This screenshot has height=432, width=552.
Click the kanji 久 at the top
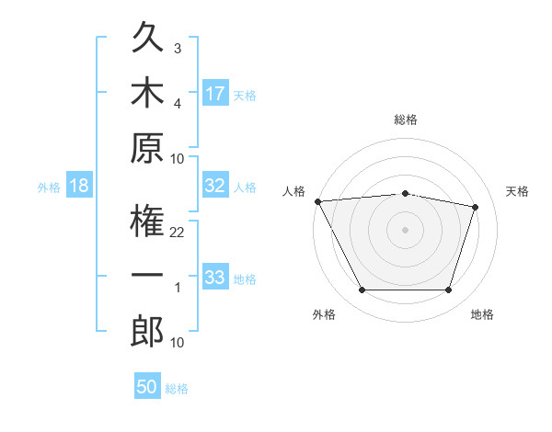147,37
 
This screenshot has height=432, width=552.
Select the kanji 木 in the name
147,92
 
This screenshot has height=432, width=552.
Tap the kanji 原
147,148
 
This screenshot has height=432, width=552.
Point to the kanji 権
147,221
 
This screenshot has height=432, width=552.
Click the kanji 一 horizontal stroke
147,275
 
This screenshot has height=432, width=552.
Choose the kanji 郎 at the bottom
147,331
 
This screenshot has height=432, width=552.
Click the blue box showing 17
215,93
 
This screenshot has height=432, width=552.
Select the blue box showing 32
215,185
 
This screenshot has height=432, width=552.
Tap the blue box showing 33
215,276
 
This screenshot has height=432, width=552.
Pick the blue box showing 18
79,185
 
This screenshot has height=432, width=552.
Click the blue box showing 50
147,385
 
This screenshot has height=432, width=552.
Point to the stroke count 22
177,233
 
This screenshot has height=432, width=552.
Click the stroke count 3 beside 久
178,48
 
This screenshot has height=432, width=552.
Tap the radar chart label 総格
406,119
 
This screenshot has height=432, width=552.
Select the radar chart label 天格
517,191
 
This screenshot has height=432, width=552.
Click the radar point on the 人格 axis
318,201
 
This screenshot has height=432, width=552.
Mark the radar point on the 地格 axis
449,290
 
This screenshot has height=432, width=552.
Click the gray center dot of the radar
405,230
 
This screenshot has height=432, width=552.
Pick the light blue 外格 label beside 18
49,188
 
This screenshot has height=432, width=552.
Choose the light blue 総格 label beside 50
177,389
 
